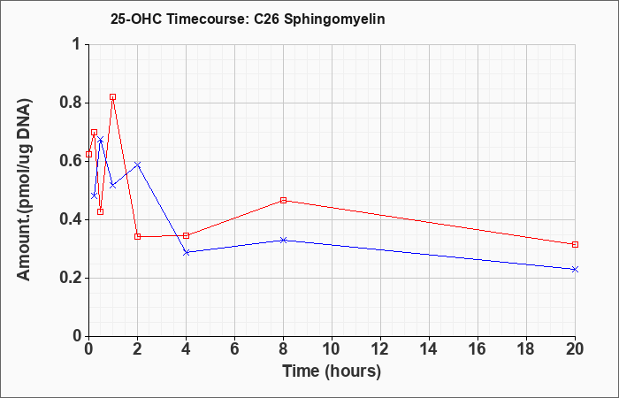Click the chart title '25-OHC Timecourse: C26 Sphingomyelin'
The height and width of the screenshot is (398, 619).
pos(248,19)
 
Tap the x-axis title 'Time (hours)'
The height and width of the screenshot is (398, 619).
pos(332,371)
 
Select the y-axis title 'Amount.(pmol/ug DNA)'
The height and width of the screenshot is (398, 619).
pos(25,190)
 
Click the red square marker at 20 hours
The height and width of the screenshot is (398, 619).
pos(575,244)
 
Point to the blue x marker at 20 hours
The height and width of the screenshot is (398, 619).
pos(575,269)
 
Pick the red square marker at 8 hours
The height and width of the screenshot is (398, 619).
pos(284,200)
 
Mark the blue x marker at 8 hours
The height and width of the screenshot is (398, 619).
pos(284,240)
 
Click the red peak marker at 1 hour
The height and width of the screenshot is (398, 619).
pos(113,96)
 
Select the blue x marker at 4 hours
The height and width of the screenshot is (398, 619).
pos(187,252)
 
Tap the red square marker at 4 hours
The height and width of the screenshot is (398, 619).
pos(187,236)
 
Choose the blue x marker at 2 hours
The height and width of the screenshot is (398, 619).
pos(137,165)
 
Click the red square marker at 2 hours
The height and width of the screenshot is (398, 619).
pos(137,236)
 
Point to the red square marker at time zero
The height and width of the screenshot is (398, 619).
pos(88,154)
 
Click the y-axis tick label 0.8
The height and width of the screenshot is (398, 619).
pos(70,103)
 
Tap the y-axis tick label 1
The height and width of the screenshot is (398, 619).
pos(77,44)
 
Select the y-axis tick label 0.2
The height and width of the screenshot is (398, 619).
pos(70,279)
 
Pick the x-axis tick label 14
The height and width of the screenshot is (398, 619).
pos(429,349)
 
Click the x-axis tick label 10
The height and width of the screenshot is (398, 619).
pos(332,349)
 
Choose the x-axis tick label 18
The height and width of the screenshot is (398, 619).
pos(527,349)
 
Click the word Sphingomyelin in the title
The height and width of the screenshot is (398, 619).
pos(334,19)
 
